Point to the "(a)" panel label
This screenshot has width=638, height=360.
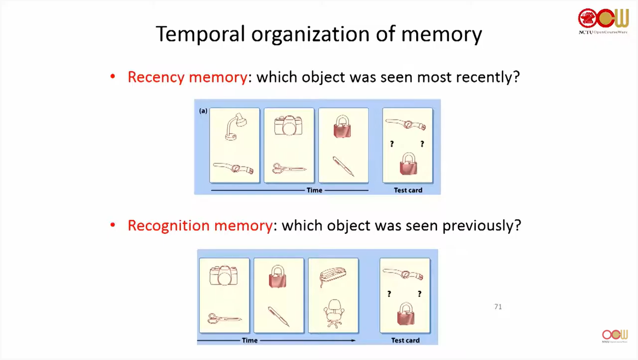[x=203, y=110]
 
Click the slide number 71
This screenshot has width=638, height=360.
[x=498, y=307]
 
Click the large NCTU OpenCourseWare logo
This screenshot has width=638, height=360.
[x=603, y=21]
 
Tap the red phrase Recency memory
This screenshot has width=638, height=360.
[x=187, y=77]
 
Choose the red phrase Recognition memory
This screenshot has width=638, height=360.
[x=199, y=225]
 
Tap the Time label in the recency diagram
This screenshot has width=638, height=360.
[x=314, y=190]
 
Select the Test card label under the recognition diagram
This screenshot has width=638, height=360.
[x=405, y=340]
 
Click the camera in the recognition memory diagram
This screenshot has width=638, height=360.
[x=224, y=275]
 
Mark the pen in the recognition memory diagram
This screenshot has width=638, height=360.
[x=279, y=316]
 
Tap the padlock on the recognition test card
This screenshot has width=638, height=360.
[x=405, y=315]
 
